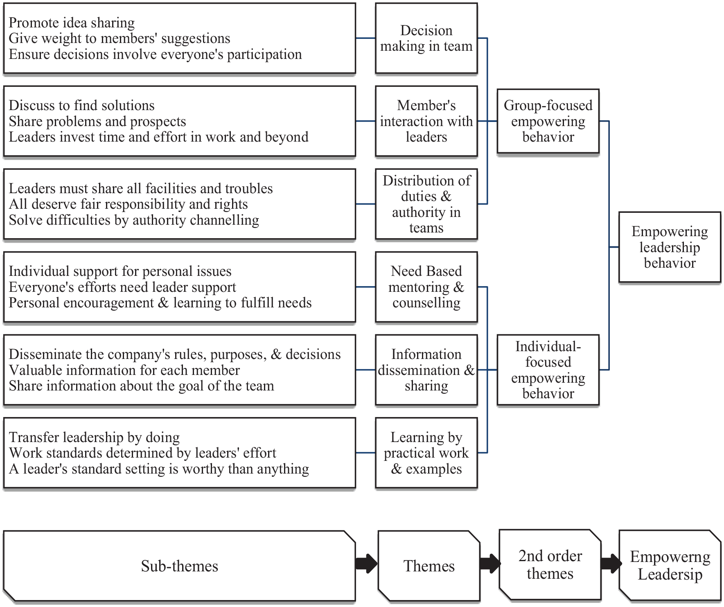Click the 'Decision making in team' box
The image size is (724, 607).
[x=426, y=38]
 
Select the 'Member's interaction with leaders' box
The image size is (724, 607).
[x=426, y=121]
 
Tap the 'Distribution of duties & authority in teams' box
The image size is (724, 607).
[x=426, y=204]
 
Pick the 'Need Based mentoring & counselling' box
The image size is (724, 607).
[x=426, y=287]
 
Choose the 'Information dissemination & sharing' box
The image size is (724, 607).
[x=426, y=370]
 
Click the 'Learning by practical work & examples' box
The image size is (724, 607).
[x=426, y=453]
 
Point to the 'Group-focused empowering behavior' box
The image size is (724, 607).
[x=548, y=121]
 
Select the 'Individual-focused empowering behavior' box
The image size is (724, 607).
[x=548, y=370]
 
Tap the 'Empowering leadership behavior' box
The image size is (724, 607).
[x=670, y=247]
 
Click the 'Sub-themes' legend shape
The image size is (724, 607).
[x=179, y=566]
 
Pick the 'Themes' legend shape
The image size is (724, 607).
[x=429, y=566]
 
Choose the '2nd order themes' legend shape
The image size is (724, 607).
[x=550, y=565]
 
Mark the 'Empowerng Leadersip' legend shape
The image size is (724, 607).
[x=670, y=566]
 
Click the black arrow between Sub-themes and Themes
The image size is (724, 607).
[x=366, y=564]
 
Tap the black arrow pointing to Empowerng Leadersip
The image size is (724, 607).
[x=611, y=564]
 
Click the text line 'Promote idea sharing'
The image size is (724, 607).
[x=72, y=23]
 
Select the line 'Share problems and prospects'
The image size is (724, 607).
[x=97, y=122]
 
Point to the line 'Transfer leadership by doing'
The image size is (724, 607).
[x=94, y=438]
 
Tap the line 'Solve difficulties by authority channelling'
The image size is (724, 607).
[x=134, y=220]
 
